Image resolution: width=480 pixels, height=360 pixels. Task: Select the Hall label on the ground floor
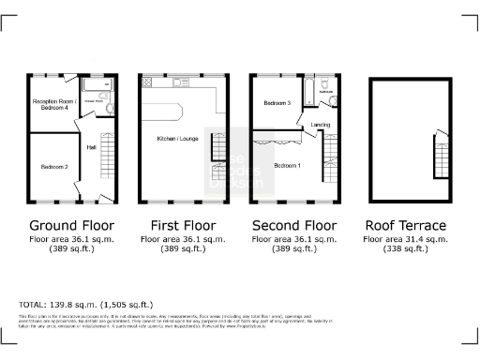click(91, 147)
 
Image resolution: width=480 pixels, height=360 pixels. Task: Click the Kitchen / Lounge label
click(174, 140)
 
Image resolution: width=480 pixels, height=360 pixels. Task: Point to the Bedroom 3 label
click(276, 102)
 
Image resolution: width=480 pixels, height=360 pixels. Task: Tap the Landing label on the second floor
click(318, 124)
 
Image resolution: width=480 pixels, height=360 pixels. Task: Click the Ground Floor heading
click(71, 226)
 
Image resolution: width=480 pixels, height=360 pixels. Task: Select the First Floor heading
click(183, 226)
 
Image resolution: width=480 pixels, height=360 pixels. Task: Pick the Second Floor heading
click(294, 226)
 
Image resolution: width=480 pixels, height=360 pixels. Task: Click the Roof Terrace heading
click(406, 226)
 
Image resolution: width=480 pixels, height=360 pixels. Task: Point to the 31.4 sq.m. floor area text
click(406, 241)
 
